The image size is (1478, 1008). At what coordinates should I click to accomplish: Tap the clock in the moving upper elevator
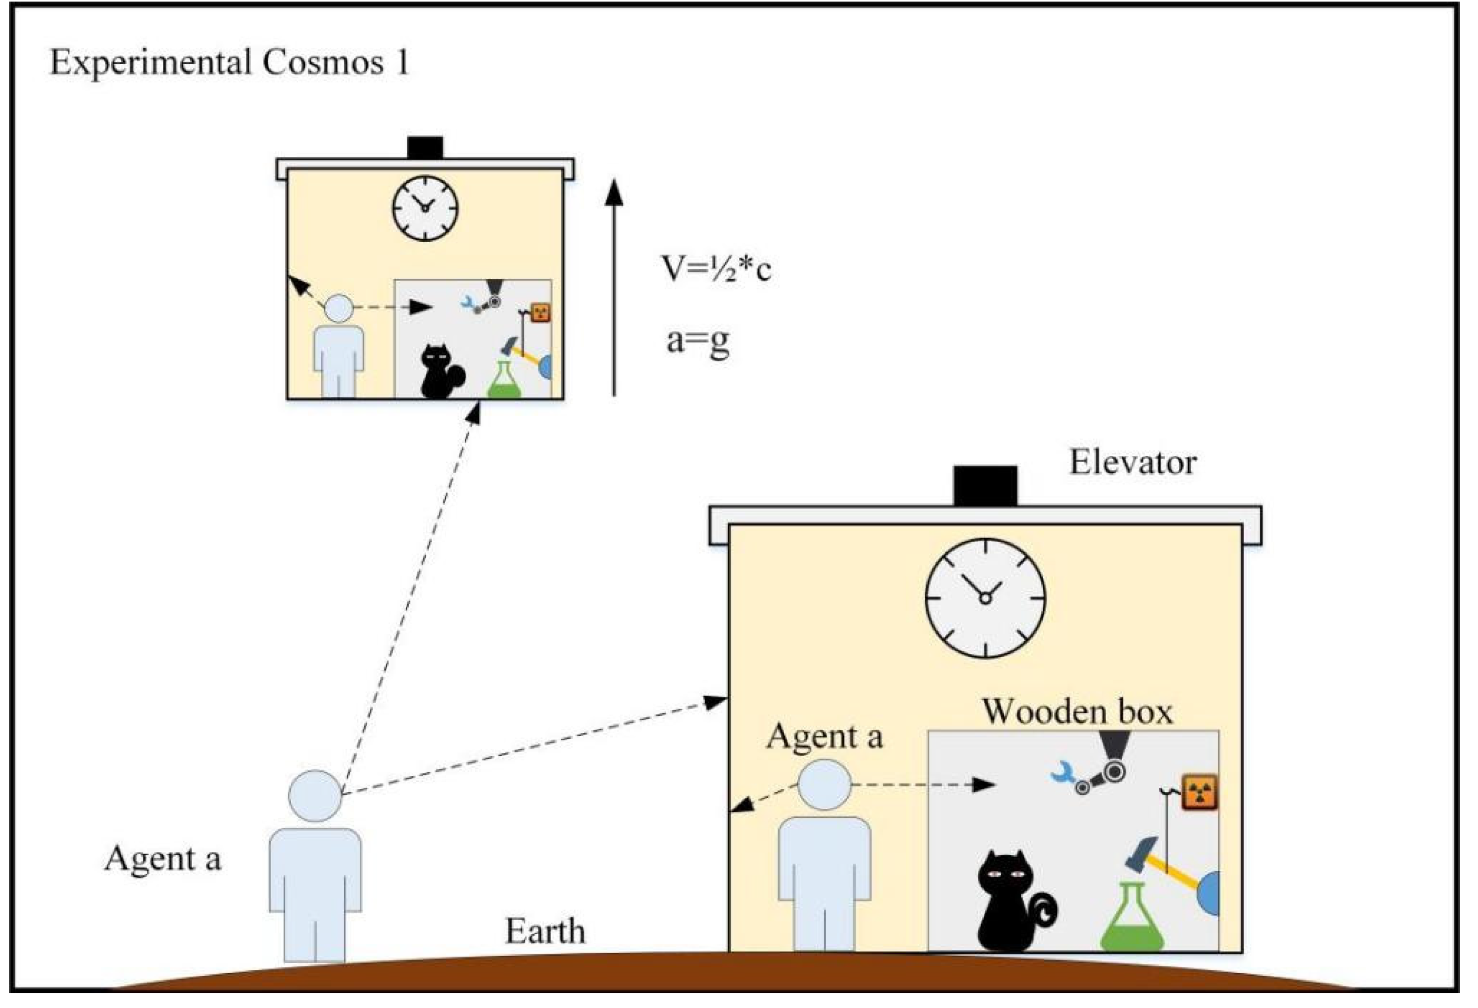[425, 208]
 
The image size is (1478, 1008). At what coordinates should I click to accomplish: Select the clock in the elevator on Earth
[984, 598]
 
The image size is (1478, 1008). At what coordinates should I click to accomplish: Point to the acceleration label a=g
[698, 341]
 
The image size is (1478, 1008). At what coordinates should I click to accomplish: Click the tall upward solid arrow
[614, 286]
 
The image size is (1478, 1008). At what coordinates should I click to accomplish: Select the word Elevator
[1133, 462]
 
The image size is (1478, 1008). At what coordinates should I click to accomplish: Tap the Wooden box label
[1078, 710]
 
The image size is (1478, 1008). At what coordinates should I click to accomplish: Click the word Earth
[545, 931]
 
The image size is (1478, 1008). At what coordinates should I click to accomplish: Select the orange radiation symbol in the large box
[1199, 792]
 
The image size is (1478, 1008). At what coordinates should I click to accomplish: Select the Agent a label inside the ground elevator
[824, 737]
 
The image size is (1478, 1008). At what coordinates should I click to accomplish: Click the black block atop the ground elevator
[984, 486]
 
